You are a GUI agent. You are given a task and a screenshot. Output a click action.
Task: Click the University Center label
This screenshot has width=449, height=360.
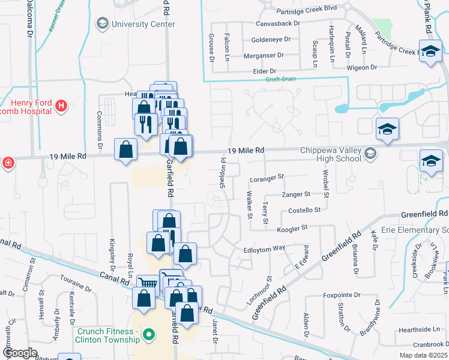pyautogui.click(x=143, y=24)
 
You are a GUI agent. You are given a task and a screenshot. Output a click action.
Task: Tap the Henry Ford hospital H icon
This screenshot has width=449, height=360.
pyautogui.click(x=60, y=106)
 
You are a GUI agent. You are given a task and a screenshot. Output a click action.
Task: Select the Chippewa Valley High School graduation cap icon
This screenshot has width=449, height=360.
pyautogui.click(x=370, y=154)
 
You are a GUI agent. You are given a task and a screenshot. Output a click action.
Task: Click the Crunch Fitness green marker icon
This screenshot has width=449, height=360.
pyautogui.click(x=150, y=333)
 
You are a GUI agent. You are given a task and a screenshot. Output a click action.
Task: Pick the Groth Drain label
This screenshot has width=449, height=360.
pyautogui.click(x=282, y=79)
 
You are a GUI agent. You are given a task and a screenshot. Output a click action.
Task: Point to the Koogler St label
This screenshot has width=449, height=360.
pyautogui.click(x=292, y=228)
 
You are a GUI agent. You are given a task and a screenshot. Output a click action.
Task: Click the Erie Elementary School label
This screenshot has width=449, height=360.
pyautogui.click(x=414, y=230)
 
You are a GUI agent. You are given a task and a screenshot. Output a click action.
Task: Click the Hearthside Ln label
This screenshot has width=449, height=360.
pyautogui.click(x=419, y=329)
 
